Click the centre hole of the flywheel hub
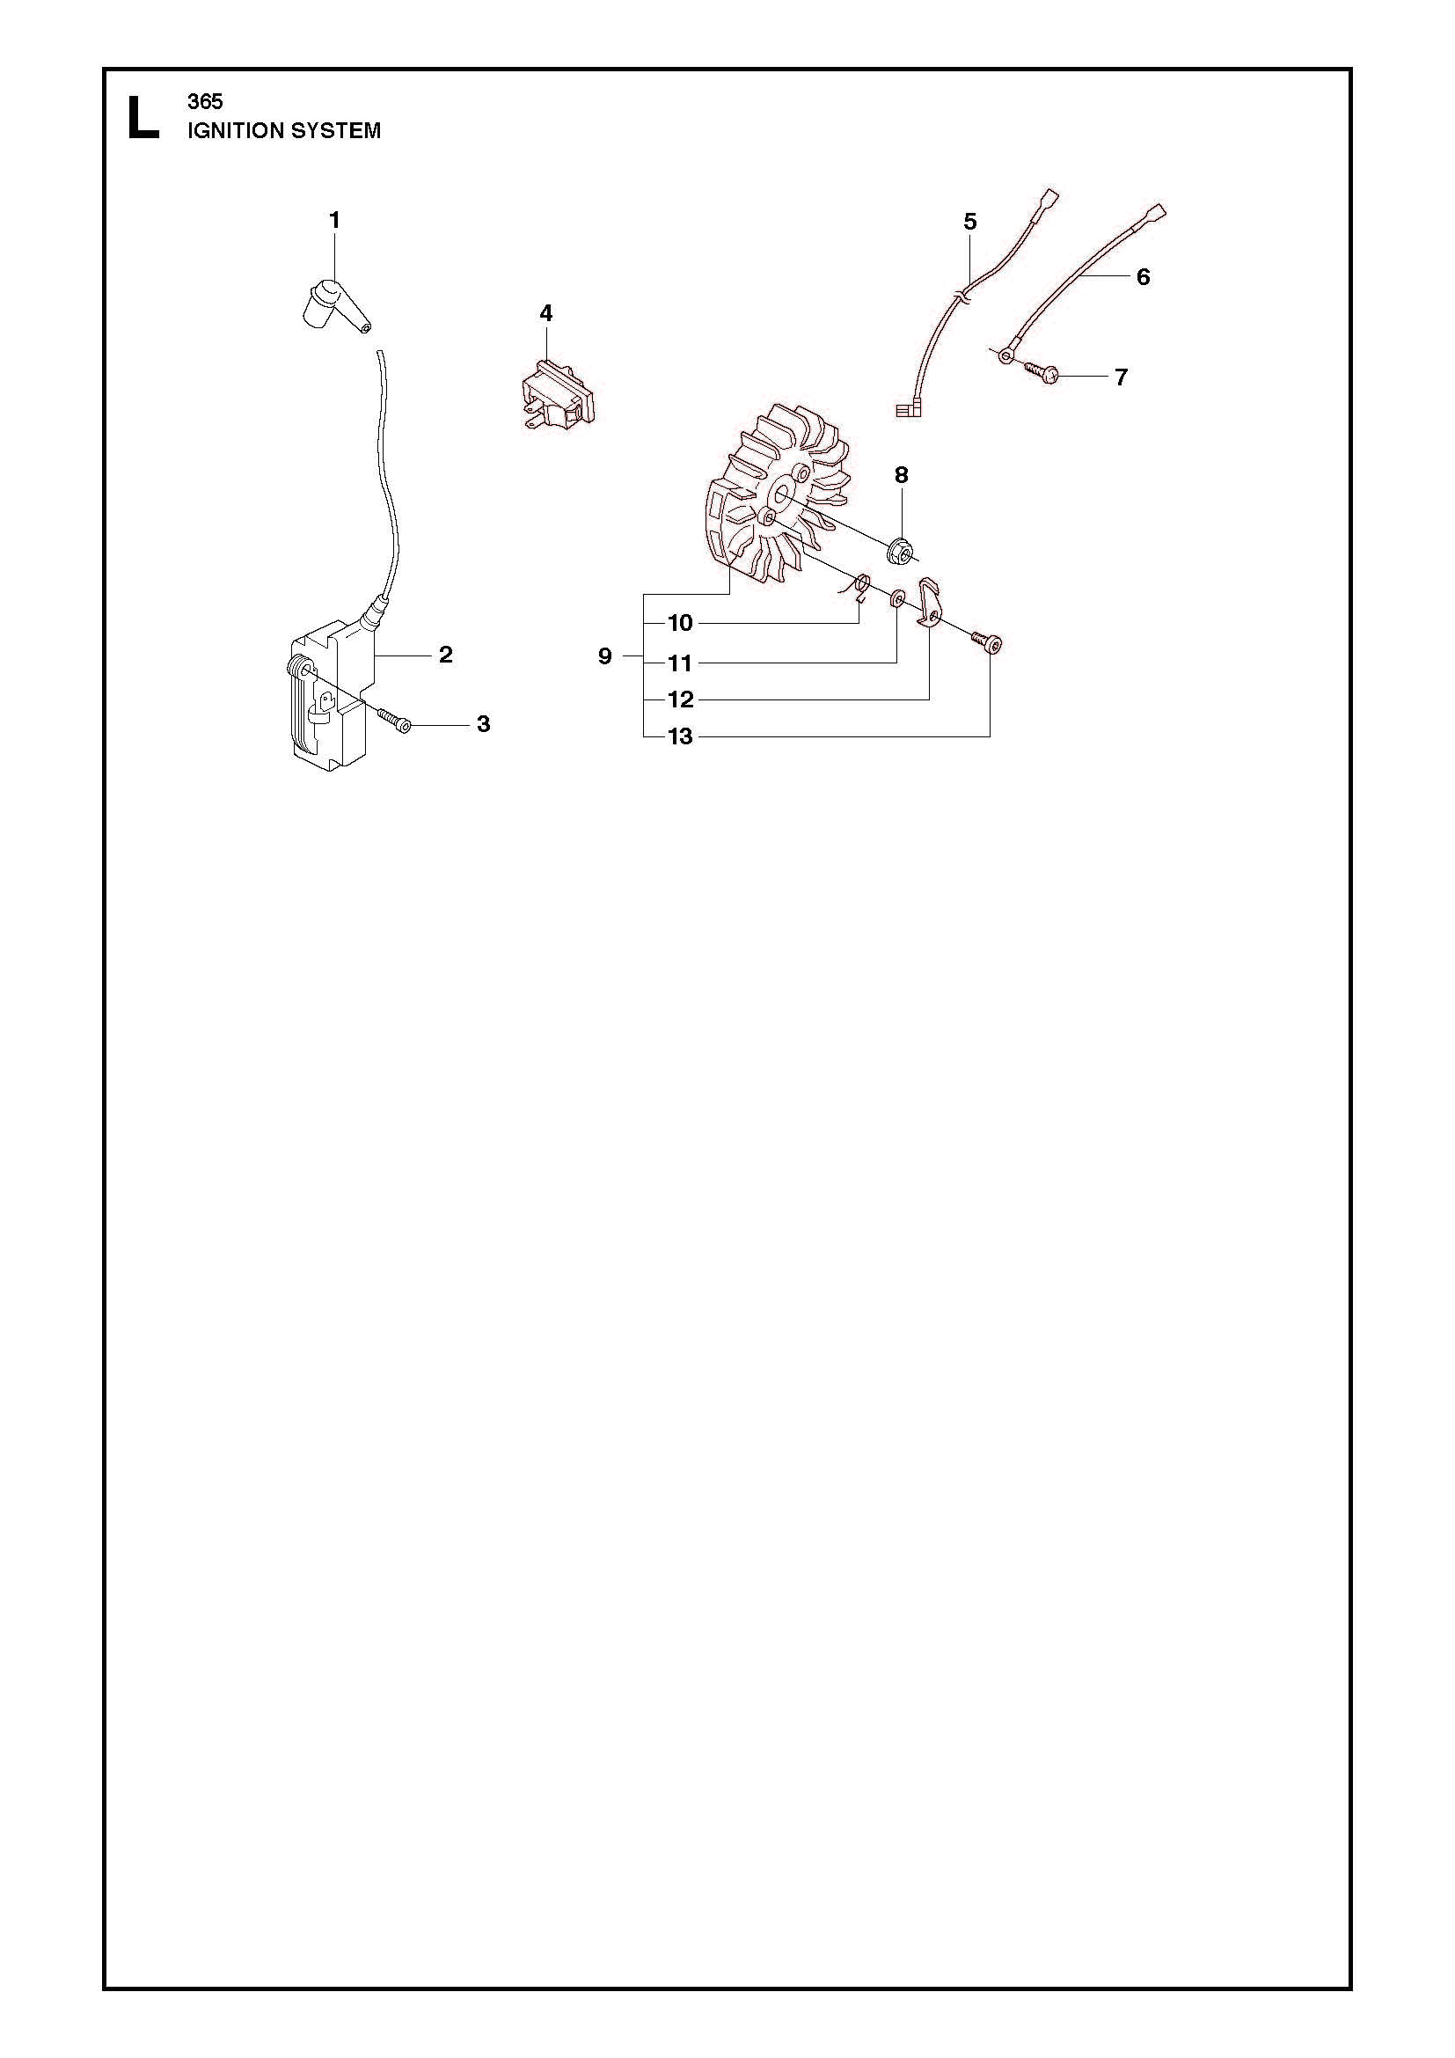(x=780, y=491)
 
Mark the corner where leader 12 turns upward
(x=929, y=699)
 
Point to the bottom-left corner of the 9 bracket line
(x=644, y=736)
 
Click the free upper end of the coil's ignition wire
(x=380, y=351)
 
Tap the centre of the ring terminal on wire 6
(x=1005, y=355)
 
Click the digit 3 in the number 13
(x=686, y=736)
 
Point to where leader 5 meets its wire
(x=969, y=275)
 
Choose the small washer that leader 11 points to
(x=896, y=597)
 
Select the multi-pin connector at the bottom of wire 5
(x=909, y=411)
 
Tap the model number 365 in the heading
(x=205, y=101)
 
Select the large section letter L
(x=143, y=117)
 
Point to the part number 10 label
(x=681, y=623)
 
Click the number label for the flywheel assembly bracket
(x=604, y=656)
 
